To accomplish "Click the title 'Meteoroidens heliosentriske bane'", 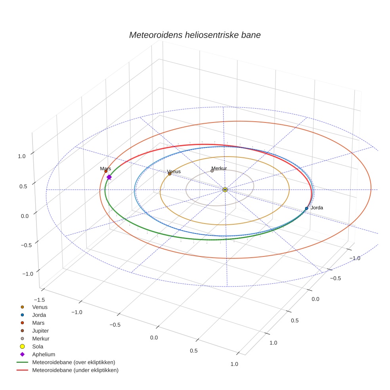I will (x=195, y=35).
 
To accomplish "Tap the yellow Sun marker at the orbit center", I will (x=225, y=190).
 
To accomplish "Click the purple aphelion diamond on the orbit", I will (x=109, y=177).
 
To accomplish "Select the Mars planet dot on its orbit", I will (x=106, y=171).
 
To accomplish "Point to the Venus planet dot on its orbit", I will (x=170, y=174).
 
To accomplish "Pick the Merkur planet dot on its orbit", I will (x=212, y=171).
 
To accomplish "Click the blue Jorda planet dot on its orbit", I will (x=306, y=208).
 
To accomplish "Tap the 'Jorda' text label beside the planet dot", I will (x=317, y=208).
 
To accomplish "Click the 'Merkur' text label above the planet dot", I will (x=219, y=168).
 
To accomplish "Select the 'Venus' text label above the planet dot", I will (x=174, y=172).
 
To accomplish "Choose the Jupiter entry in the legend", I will (x=40, y=331).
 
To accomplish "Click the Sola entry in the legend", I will (x=38, y=346).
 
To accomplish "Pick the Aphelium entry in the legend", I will (x=43, y=354).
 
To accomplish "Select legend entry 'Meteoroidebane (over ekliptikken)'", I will (x=73, y=362).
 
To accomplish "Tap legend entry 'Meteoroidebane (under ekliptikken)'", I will (x=75, y=370).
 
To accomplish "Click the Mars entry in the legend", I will (x=38, y=323).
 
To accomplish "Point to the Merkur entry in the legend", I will (x=40, y=338).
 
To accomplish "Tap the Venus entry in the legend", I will (x=40, y=307).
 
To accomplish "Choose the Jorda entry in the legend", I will (x=39, y=315).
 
